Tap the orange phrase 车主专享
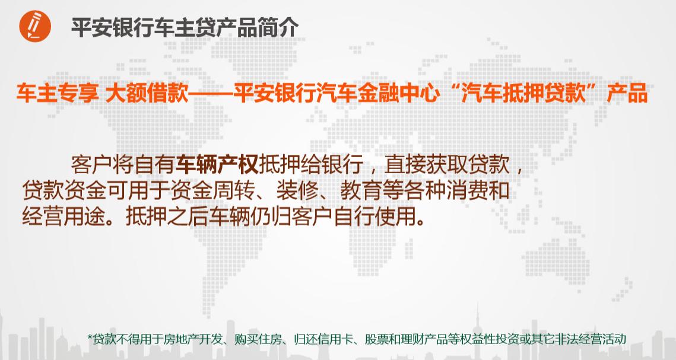[x=56, y=94]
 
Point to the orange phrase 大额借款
[x=145, y=94]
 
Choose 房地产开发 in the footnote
[x=196, y=339]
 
